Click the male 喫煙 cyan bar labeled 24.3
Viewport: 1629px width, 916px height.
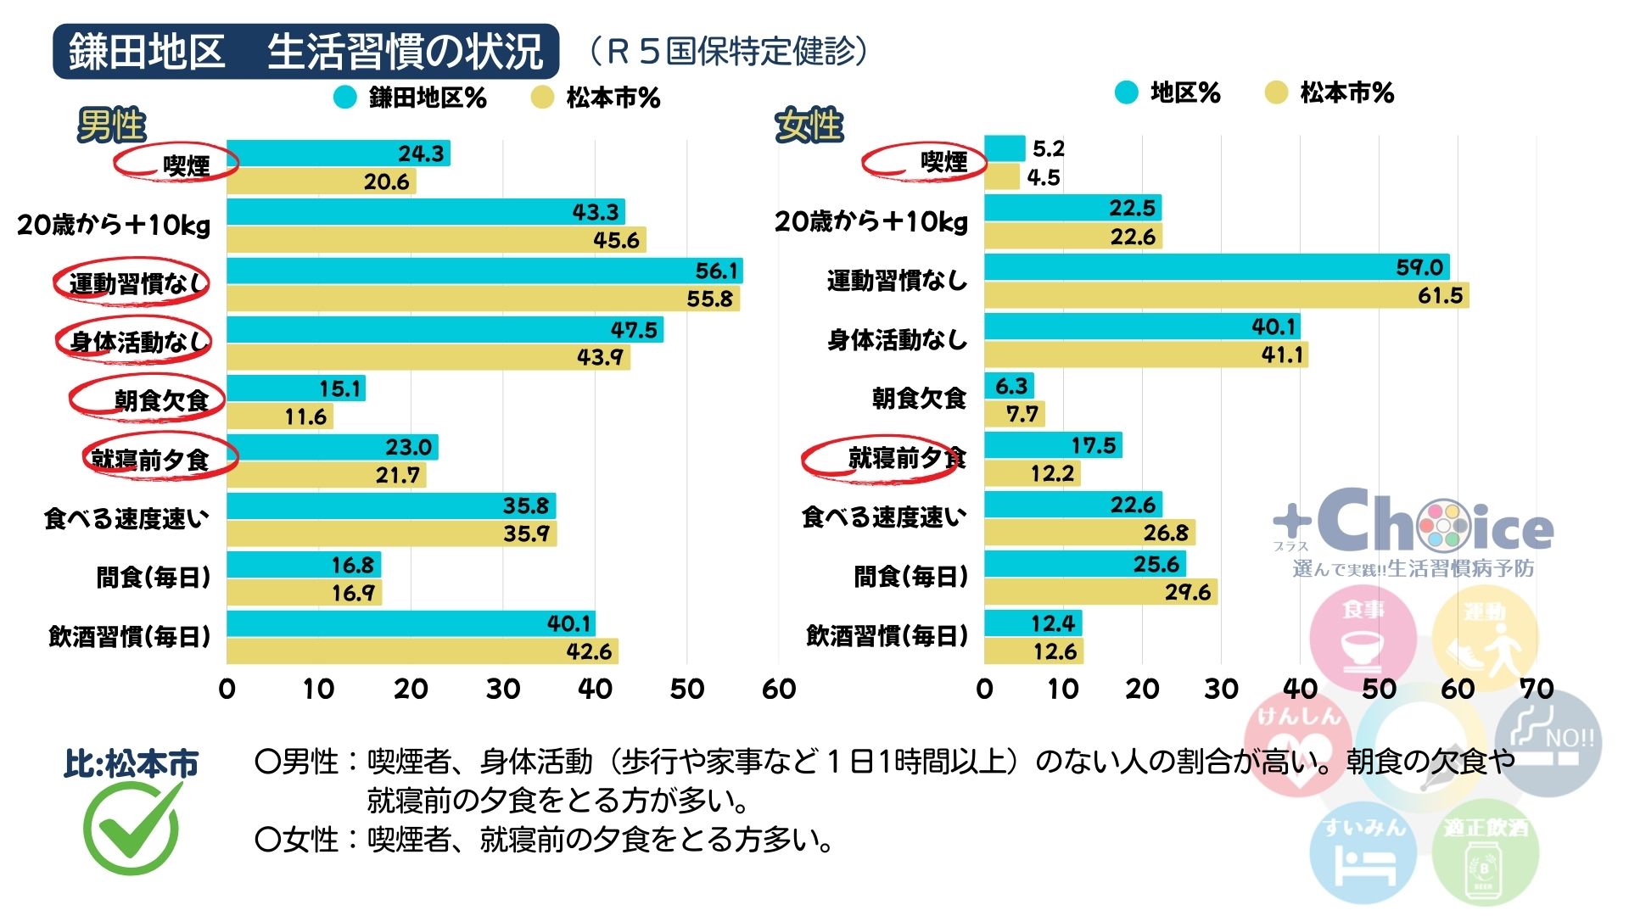[x=338, y=154]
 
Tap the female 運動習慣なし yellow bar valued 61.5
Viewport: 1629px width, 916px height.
[x=1225, y=295]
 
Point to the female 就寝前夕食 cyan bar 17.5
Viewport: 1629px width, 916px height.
[x=1052, y=445]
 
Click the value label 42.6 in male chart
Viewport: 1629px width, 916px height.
[x=589, y=651]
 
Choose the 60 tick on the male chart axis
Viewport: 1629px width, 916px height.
[x=778, y=689]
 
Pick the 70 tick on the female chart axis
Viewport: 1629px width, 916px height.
[x=1537, y=689]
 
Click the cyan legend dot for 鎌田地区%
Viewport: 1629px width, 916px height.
[x=345, y=98]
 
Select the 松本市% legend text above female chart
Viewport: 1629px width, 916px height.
[x=1346, y=92]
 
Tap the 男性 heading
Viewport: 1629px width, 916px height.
[x=112, y=126]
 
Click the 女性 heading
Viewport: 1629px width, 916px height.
[x=809, y=126]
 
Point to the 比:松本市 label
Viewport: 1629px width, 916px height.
[x=131, y=763]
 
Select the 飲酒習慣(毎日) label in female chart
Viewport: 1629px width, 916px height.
[x=887, y=636]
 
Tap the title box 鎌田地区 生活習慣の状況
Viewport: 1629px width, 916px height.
[x=305, y=52]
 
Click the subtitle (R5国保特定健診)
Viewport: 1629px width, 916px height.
[x=728, y=52]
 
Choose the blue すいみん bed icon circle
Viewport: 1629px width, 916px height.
[x=1363, y=852]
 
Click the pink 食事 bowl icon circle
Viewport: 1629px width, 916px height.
[x=1363, y=636]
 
